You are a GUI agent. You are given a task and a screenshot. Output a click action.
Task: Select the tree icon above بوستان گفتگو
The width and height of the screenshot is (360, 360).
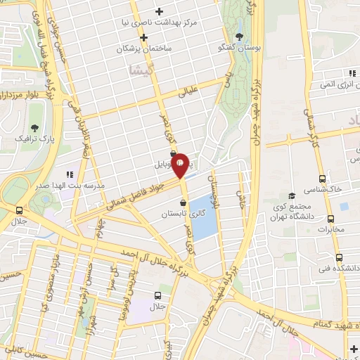click(239, 37)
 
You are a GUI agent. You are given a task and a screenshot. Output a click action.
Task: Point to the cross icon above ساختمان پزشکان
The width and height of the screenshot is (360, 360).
click(143, 37)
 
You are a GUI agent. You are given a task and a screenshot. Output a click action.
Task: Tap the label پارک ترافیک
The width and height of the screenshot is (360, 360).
click(34, 139)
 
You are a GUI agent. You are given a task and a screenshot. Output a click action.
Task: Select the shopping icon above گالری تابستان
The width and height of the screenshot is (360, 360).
click(183, 202)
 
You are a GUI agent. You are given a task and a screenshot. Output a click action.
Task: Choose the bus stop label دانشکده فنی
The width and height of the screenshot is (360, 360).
click(337, 268)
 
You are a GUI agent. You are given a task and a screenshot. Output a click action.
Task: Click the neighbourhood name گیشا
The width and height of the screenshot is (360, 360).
click(139, 69)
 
